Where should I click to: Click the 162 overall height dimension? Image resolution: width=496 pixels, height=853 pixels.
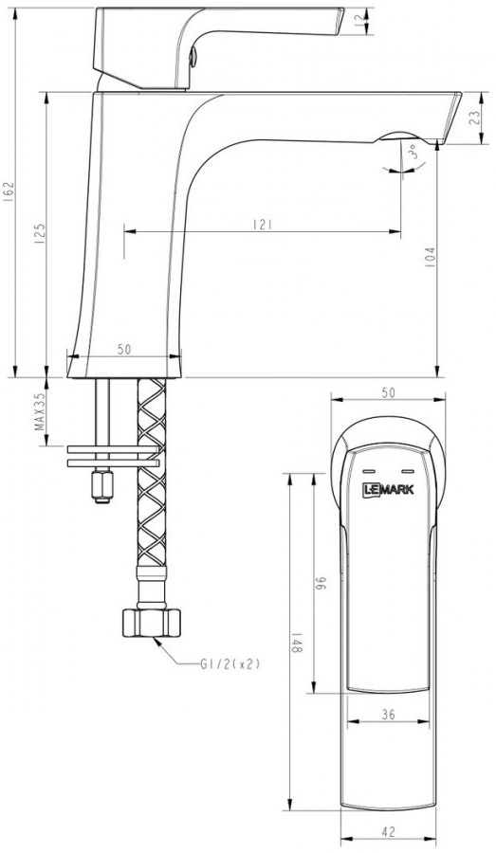pos(9,191)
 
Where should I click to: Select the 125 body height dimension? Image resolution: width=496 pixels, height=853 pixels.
pos(40,233)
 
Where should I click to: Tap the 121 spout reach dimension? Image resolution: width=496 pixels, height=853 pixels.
pos(262,224)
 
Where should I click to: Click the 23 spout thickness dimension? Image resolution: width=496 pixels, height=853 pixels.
pos(474,118)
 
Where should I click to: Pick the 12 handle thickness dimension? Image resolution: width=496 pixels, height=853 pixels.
pos(358,22)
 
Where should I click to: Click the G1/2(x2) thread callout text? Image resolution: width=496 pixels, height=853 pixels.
pos(230,663)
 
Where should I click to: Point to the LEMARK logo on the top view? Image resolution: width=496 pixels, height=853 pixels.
pos(388,489)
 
